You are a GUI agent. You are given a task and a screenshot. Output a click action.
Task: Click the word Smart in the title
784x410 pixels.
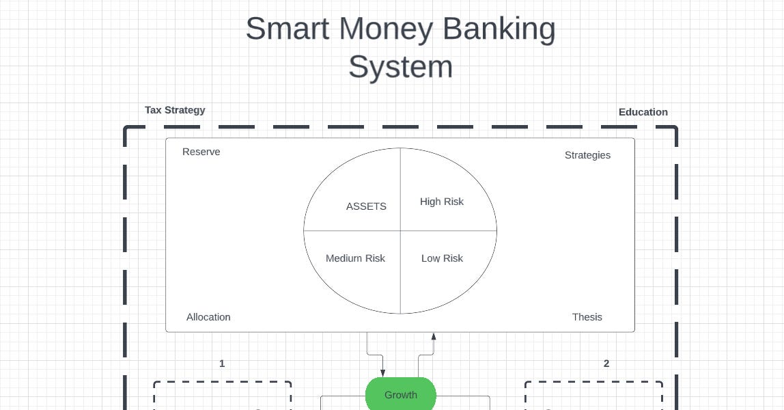point(288,29)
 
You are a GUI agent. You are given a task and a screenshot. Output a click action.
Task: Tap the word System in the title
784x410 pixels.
point(400,68)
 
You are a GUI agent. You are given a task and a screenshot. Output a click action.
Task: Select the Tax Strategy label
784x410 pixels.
point(175,110)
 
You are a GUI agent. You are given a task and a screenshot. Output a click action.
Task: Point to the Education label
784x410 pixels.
point(643,112)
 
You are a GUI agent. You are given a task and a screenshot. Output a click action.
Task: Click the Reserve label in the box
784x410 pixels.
point(201,152)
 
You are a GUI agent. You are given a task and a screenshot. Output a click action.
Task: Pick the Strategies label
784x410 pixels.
point(587,155)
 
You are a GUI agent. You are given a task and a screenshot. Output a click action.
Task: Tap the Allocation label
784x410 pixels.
point(208,317)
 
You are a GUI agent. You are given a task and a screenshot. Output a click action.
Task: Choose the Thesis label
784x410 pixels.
point(587,317)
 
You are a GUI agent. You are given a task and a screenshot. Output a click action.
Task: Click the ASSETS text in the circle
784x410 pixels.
point(366,206)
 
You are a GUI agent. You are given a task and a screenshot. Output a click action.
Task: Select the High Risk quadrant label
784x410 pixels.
point(442,202)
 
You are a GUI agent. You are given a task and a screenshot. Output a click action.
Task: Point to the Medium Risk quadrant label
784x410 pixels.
point(355,258)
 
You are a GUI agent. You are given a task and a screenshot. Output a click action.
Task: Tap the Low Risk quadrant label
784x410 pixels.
point(442,258)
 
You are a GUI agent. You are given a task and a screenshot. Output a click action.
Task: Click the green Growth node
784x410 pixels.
point(401,394)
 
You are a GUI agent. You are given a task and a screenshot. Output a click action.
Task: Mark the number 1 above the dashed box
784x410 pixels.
point(222,364)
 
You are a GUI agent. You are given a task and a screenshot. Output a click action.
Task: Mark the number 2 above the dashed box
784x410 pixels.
point(606,364)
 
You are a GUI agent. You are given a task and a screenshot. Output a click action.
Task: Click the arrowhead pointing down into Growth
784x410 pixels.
point(383,373)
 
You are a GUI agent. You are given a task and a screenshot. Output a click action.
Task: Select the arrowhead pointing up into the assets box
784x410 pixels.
point(434,336)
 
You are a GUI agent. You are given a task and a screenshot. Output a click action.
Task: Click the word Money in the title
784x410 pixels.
point(387,29)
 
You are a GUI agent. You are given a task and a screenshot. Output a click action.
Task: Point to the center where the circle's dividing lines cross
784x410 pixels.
point(400,231)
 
